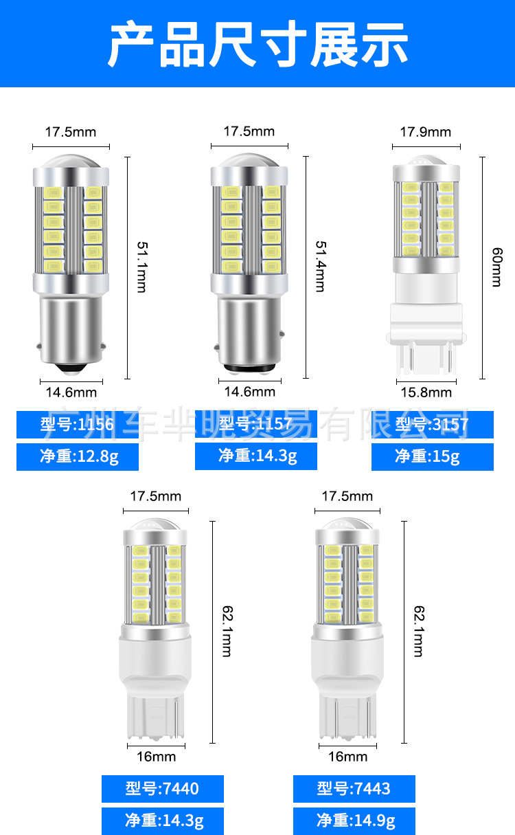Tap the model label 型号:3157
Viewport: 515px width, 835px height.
pos(432,425)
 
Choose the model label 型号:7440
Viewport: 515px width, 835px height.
pos(162,788)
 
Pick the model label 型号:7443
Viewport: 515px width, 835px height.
pos(354,788)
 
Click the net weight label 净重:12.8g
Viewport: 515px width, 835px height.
pos(77,456)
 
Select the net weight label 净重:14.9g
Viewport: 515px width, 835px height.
pos(354,821)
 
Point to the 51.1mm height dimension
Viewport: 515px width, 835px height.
pos(141,267)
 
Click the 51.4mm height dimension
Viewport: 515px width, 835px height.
pos(319,267)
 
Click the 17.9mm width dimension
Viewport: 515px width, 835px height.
pos(426,132)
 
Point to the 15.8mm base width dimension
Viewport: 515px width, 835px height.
pos(426,392)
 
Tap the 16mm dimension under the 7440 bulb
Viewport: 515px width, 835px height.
pos(156,757)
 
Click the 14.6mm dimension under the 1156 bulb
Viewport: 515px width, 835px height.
pos(71,392)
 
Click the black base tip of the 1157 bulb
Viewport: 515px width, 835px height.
pos(249,371)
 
